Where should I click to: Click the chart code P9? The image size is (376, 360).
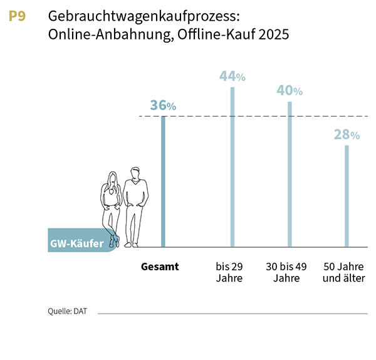pos(17,17)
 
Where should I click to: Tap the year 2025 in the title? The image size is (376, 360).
pos(273,35)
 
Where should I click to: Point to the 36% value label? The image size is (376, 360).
pos(163,106)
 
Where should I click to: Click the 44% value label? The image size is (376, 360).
pos(232,77)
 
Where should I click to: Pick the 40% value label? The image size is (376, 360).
pos(290,91)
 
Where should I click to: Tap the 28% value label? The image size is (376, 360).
pos(347,135)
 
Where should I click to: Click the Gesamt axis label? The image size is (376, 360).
pos(160,267)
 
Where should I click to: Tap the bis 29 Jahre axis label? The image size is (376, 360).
pos(229,272)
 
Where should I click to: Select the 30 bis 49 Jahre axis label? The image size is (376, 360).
pos(286,272)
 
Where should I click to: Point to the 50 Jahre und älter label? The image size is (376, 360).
pos(343,272)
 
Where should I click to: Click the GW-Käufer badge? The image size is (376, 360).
pos(77,243)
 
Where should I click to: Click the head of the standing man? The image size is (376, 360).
pos(134,173)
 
